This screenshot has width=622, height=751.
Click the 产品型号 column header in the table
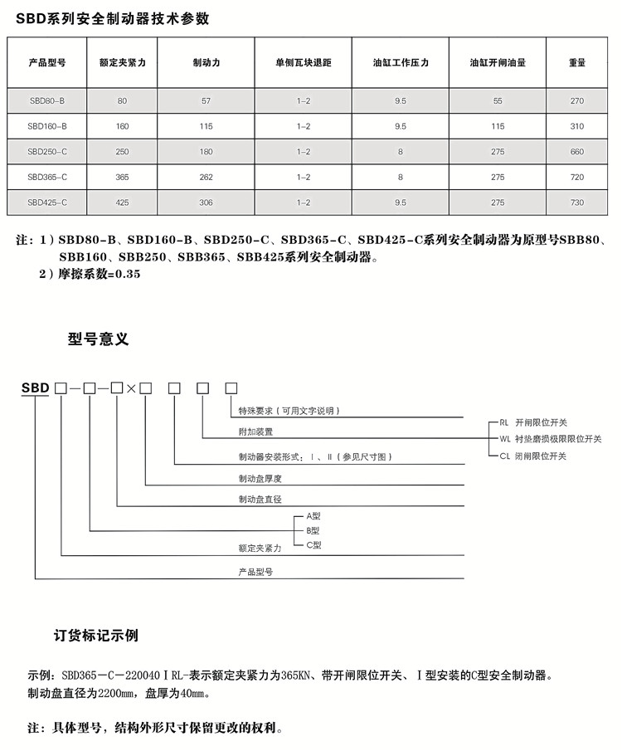pos(46,62)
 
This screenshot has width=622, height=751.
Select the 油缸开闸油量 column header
pos(498,62)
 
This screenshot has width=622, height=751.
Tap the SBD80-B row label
pos(46,100)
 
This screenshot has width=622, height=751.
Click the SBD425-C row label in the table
pos(46,202)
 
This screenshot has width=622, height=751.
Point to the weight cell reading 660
pos(577,152)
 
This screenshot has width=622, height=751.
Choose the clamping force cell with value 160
pos(123,126)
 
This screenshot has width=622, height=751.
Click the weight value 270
pos(577,100)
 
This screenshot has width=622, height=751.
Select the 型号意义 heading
pos(99,339)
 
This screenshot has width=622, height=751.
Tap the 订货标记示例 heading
pos(96,636)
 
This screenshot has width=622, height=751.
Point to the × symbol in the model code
pos(131,388)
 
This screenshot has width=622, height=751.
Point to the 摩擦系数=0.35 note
pos(96,274)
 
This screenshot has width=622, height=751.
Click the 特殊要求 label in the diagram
pos(289,411)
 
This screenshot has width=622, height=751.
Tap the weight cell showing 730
pos(577,202)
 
